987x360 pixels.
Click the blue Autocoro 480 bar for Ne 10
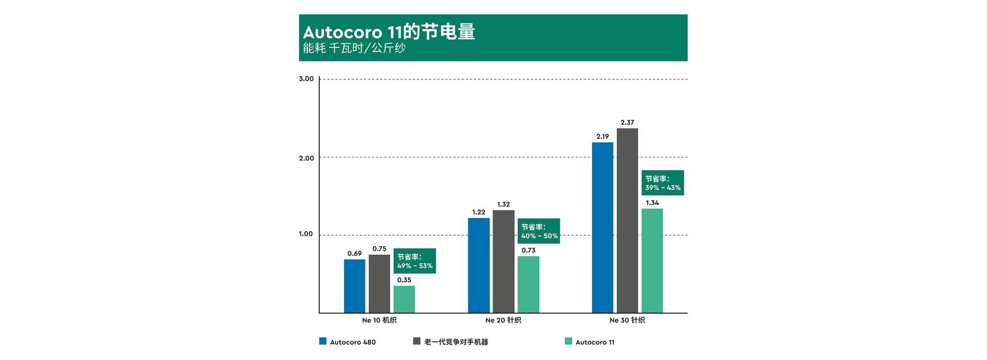click(x=354, y=286)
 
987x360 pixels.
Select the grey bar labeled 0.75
click(x=379, y=283)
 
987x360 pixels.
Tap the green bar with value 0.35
click(x=404, y=299)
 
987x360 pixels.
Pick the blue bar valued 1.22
click(x=479, y=265)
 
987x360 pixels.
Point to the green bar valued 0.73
click(x=528, y=284)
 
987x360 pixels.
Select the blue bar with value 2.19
click(x=602, y=227)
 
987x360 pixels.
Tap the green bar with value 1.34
click(x=652, y=261)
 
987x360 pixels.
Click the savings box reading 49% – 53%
click(x=415, y=261)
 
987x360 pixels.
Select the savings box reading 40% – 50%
click(x=539, y=231)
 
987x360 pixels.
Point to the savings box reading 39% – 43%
click(x=663, y=183)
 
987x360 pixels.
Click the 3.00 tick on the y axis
click(x=306, y=79)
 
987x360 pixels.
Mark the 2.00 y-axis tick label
click(x=306, y=158)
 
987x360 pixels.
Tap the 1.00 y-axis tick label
click(x=306, y=234)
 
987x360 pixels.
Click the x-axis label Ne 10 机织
click(x=379, y=320)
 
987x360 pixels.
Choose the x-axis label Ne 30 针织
click(x=627, y=320)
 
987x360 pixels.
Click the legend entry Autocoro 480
click(x=348, y=342)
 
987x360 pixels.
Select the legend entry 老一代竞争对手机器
click(x=451, y=342)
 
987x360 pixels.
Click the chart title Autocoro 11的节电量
click(x=389, y=32)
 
